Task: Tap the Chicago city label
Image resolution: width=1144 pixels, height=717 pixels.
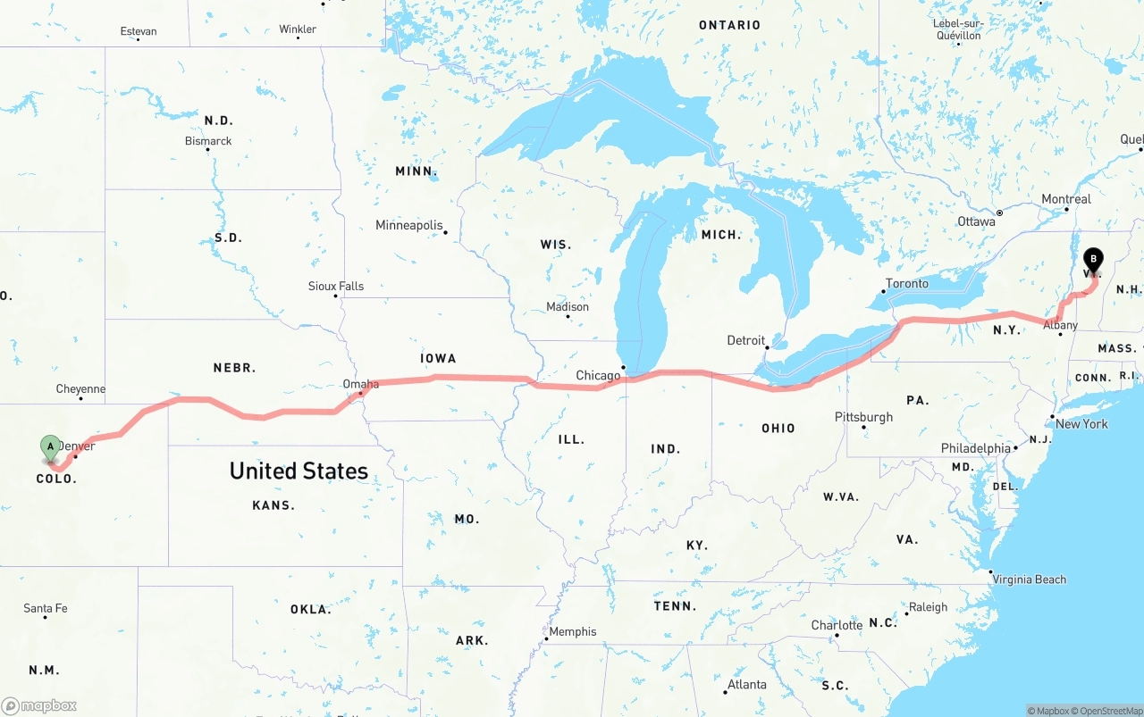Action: (x=598, y=375)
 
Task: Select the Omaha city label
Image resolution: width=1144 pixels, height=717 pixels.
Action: (x=361, y=384)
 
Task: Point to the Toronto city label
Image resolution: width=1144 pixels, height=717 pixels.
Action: (x=906, y=283)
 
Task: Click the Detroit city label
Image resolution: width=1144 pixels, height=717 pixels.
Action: (x=746, y=340)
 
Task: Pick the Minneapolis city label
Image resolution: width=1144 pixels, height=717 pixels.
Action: (x=409, y=225)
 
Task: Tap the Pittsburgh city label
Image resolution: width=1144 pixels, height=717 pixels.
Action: (x=863, y=417)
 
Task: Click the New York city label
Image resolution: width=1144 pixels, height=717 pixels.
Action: (x=1081, y=423)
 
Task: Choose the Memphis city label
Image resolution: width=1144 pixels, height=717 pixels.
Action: (x=572, y=631)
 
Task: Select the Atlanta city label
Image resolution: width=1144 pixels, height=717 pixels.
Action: (x=746, y=685)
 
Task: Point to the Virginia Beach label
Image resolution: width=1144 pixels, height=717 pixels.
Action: (x=1030, y=579)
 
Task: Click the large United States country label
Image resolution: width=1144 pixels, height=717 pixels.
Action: (x=299, y=471)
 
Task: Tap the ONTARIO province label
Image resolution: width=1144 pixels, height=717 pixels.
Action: (x=729, y=25)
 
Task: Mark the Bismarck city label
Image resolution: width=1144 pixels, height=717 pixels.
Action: (x=208, y=141)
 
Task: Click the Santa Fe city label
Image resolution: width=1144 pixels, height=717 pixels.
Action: (x=46, y=608)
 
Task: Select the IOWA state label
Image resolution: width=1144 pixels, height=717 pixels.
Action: (x=438, y=358)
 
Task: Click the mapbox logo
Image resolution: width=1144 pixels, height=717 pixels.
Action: (x=39, y=705)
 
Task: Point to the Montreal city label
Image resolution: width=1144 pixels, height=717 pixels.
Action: (x=1065, y=199)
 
